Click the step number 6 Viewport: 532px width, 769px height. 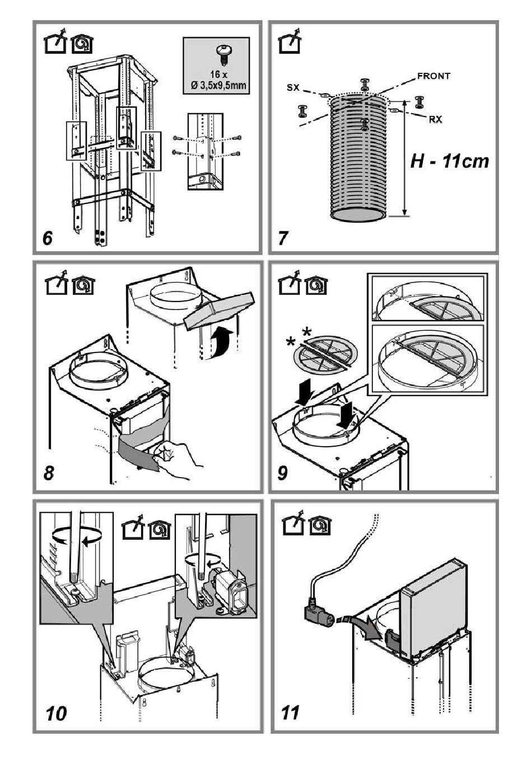click(x=48, y=238)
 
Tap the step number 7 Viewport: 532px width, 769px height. click(x=283, y=238)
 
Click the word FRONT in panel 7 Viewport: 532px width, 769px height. click(x=433, y=76)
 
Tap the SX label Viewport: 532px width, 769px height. click(x=293, y=88)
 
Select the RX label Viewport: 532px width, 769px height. click(x=435, y=120)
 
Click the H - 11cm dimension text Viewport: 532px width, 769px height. click(x=450, y=161)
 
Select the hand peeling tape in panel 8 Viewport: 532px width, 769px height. click(x=176, y=460)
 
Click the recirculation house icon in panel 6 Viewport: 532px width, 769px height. click(x=82, y=45)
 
